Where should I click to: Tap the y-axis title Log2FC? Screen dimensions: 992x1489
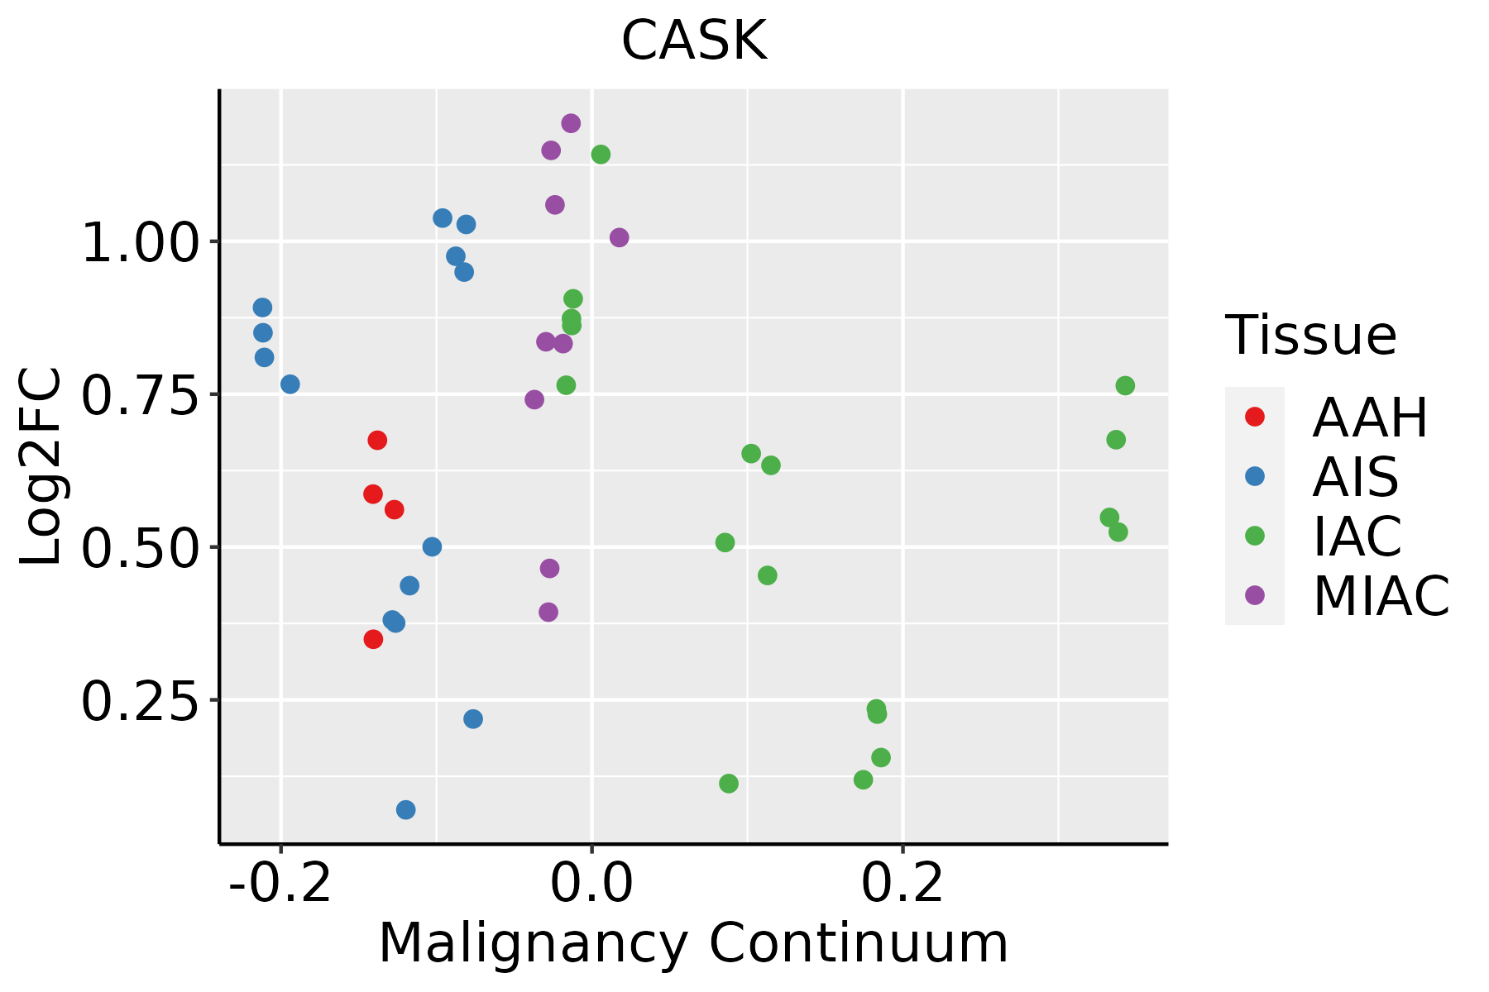(41, 467)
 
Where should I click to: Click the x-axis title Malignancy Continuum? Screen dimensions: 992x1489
(693, 943)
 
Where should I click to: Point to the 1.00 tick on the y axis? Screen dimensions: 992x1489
(141, 242)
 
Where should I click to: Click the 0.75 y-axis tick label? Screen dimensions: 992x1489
(141, 395)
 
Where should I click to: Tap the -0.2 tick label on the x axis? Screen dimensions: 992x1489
(281, 884)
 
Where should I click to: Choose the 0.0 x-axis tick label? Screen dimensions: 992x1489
(592, 884)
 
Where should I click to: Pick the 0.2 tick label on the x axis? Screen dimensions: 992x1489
(903, 884)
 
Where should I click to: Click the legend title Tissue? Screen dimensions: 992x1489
(1311, 336)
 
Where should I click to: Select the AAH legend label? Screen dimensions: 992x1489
(1370, 417)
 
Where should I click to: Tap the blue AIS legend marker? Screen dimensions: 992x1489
(1255, 476)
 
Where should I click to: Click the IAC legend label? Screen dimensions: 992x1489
(1357, 536)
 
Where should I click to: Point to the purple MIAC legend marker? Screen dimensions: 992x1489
(1255, 595)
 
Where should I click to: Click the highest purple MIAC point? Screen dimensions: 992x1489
(571, 124)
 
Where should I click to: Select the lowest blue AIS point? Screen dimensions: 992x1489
(406, 809)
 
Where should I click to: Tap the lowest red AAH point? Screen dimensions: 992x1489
(373, 639)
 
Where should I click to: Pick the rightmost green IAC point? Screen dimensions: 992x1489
(1125, 386)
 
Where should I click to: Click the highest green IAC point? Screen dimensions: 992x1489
(601, 155)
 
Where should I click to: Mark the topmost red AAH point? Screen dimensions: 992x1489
(377, 441)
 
